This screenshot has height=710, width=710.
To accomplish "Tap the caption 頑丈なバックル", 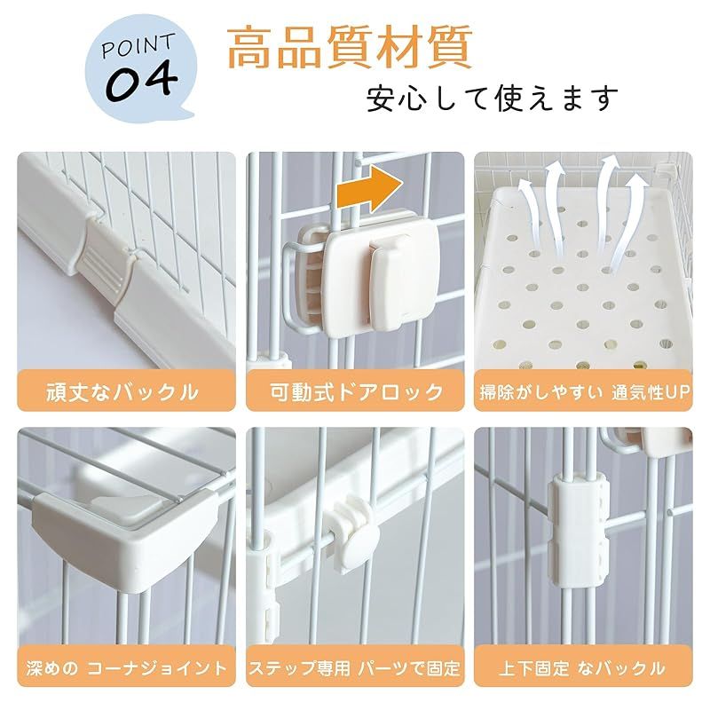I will tap(126, 391).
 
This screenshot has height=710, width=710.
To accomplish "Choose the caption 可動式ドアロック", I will tap(355, 391).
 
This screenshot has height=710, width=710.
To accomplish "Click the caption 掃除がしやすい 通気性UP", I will tap(584, 391).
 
